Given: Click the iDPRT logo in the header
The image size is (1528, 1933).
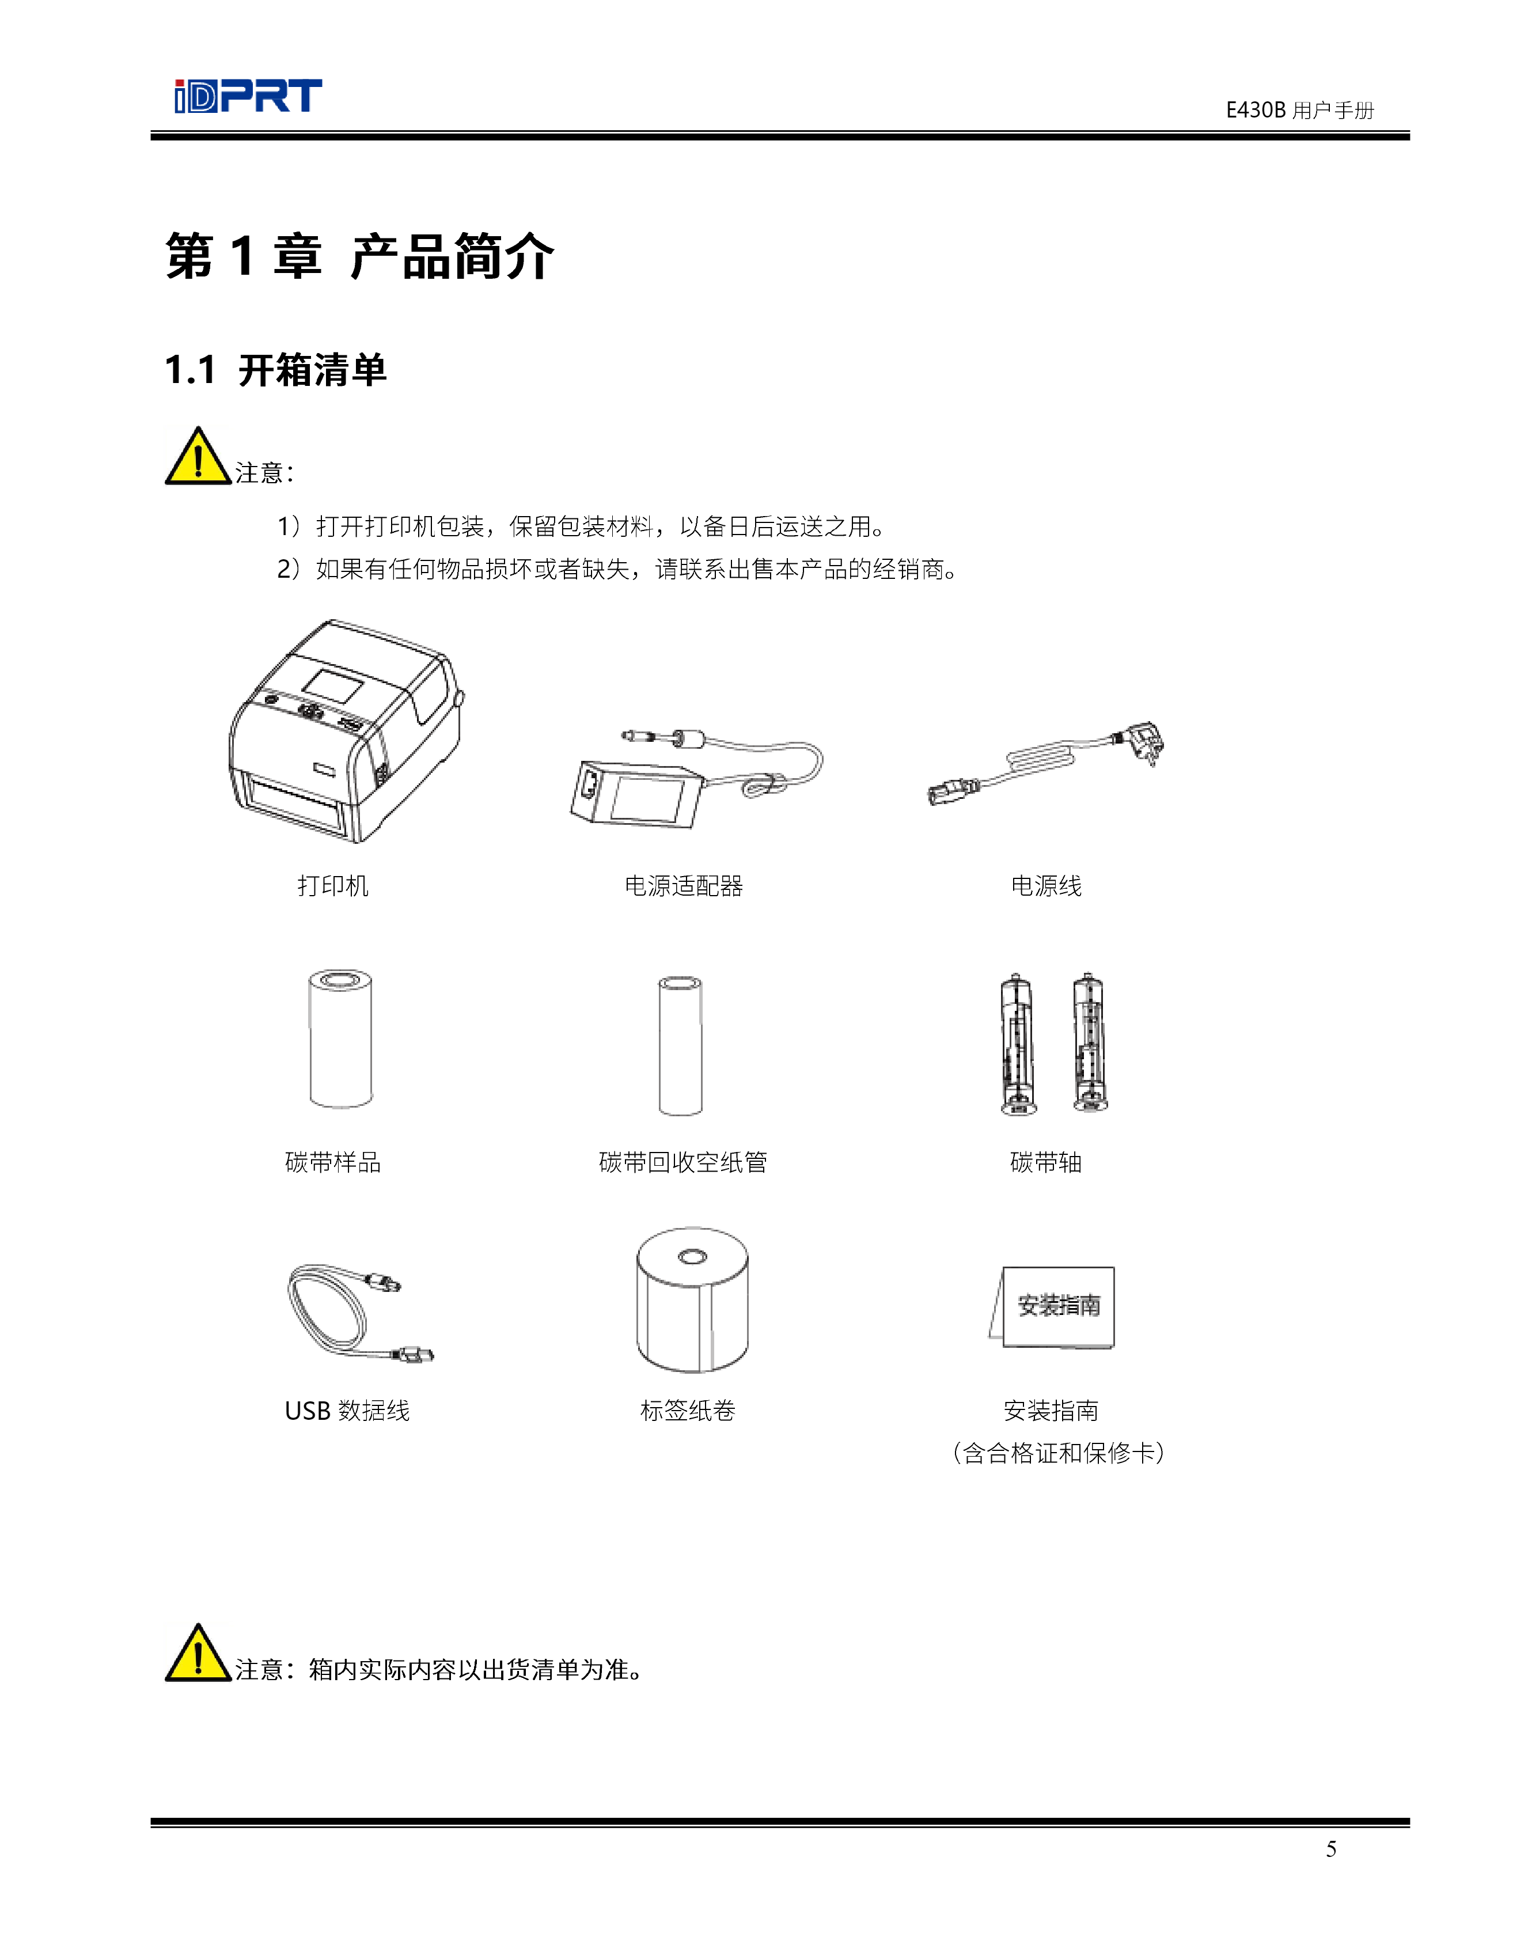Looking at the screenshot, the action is pyautogui.click(x=248, y=96).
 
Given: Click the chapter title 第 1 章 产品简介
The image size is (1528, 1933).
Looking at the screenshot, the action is pyautogui.click(x=359, y=257).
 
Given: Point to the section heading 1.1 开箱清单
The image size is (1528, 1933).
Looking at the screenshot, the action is pyautogui.click(x=275, y=369).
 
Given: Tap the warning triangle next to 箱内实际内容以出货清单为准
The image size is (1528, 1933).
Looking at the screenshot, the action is pyautogui.click(x=198, y=1652).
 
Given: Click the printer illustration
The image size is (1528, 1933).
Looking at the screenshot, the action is pyautogui.click(x=346, y=731).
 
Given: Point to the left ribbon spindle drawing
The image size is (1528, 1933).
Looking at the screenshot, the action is pyautogui.click(x=1018, y=1044).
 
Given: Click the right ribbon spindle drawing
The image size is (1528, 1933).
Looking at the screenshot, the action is pyautogui.click(x=1090, y=1043).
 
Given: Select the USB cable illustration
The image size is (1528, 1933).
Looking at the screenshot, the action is pyautogui.click(x=359, y=1312).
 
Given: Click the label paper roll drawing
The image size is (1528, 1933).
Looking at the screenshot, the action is pyautogui.click(x=692, y=1299).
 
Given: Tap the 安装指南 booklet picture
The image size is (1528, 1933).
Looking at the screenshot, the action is pyautogui.click(x=1052, y=1307).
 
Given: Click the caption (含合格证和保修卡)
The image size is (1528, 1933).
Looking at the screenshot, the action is pyautogui.click(x=1059, y=1453).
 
